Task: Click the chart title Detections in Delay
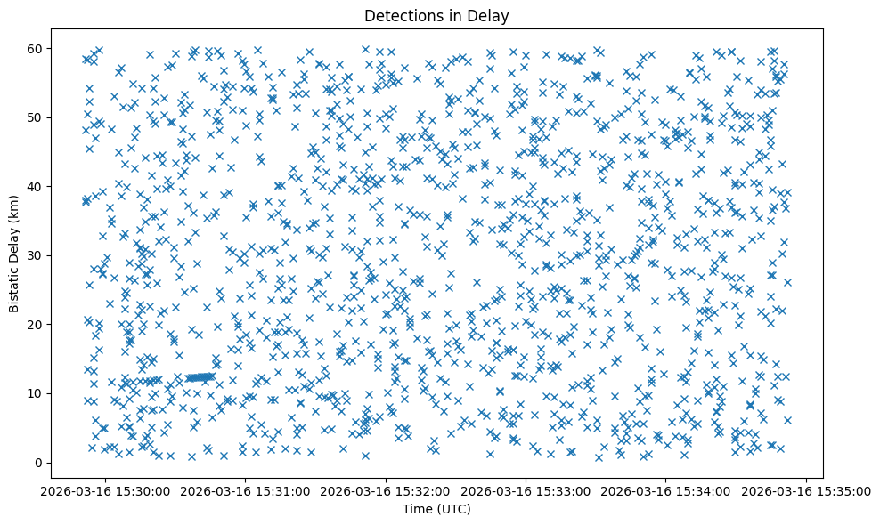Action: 436,15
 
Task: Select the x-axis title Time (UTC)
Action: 436,509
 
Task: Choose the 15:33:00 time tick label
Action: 526,490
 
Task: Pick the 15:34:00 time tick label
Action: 666,490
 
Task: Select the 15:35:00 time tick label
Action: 805,490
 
